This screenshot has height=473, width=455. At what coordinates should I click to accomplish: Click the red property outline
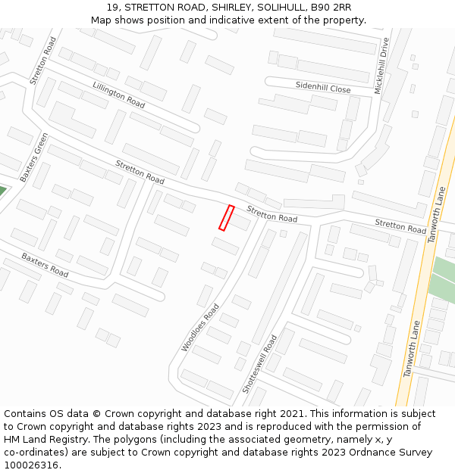[226, 218]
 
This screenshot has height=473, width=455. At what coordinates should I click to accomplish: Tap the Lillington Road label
[118, 95]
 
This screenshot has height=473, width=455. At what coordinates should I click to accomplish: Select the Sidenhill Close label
[323, 89]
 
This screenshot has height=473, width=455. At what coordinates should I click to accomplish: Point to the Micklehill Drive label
[381, 66]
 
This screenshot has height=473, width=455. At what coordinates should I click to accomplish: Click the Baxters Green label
[34, 157]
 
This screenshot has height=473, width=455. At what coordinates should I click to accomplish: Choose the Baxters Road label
[45, 265]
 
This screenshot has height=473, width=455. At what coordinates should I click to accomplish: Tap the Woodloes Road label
[200, 328]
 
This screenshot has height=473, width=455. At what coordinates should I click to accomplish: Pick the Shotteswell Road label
[259, 364]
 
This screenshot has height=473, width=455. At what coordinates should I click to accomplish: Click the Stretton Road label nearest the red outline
[271, 214]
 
